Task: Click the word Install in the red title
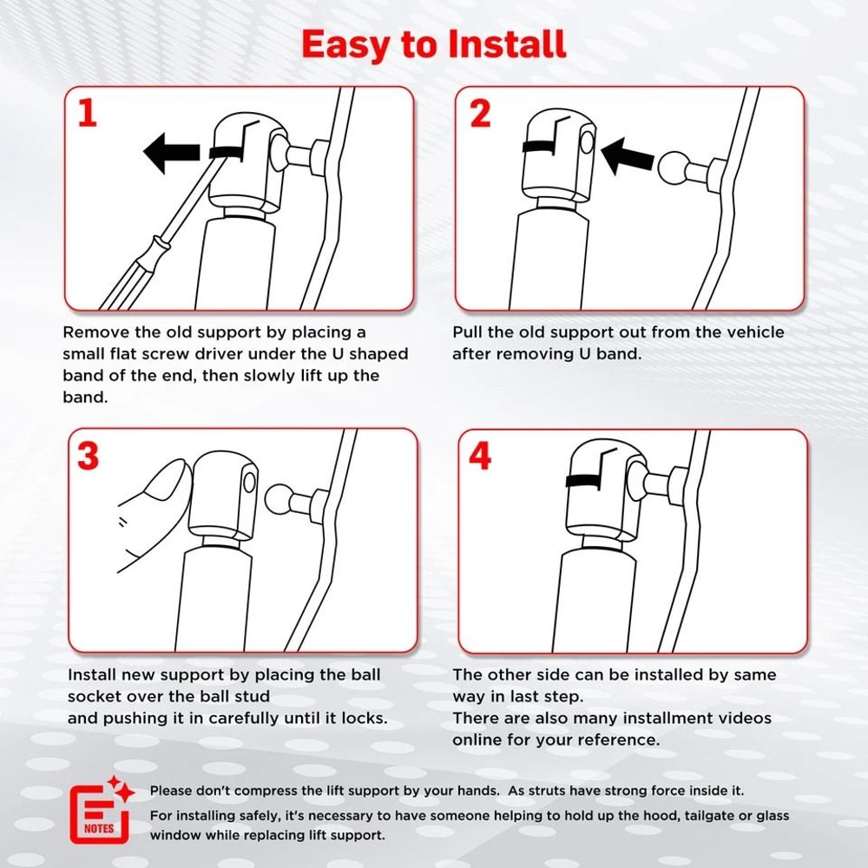[x=507, y=44]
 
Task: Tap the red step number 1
[x=88, y=113]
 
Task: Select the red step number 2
[x=480, y=114]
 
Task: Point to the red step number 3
[x=88, y=457]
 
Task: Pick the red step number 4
[x=480, y=457]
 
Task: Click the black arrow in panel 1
[x=171, y=153]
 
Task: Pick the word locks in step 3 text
[x=363, y=718]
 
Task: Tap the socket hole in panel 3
[x=250, y=482]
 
